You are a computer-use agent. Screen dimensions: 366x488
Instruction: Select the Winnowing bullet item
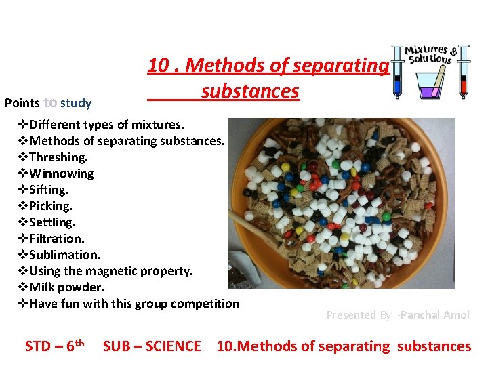62,173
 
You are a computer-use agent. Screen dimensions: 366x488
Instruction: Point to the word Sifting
49,189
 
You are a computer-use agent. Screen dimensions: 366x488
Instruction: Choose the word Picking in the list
51,205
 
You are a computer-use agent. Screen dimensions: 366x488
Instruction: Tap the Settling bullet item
52,222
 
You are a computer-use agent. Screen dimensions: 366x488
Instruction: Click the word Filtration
57,238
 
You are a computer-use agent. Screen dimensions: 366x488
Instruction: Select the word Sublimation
65,254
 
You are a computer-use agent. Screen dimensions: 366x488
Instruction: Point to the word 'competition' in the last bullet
204,303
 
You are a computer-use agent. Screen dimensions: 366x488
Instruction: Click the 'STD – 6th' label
54,346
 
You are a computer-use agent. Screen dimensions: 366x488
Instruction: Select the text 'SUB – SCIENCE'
152,346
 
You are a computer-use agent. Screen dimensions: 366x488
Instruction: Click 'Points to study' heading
47,103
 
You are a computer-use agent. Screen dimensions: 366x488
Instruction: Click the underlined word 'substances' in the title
250,91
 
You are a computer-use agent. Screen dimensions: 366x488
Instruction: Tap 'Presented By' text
359,314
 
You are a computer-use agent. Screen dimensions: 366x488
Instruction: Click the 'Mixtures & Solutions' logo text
430,54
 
